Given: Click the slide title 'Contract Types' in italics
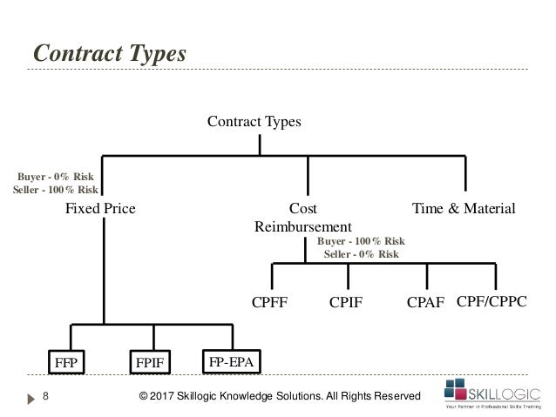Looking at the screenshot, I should pyautogui.click(x=110, y=53).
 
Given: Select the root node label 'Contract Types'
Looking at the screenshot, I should pyautogui.click(x=254, y=122).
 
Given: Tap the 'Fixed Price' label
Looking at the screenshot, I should pyautogui.click(x=100, y=209).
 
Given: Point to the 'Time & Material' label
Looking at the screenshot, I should pyautogui.click(x=464, y=209).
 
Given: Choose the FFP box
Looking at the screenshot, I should pyautogui.click(x=66, y=361).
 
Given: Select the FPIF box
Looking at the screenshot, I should pyautogui.click(x=151, y=361).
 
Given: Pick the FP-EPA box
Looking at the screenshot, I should pyautogui.click(x=232, y=359).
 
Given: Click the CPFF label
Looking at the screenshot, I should pyautogui.click(x=269, y=303).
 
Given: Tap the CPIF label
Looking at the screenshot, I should pyautogui.click(x=346, y=303).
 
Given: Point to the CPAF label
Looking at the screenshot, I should pyautogui.click(x=426, y=303).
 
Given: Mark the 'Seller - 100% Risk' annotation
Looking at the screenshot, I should pyautogui.click(x=56, y=191).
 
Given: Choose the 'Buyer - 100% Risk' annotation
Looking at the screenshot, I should pyautogui.click(x=361, y=241).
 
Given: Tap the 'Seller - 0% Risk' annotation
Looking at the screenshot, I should pyautogui.click(x=361, y=254).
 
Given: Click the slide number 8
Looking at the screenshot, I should pyautogui.click(x=45, y=397).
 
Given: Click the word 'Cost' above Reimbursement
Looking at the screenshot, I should pyautogui.click(x=302, y=209).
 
